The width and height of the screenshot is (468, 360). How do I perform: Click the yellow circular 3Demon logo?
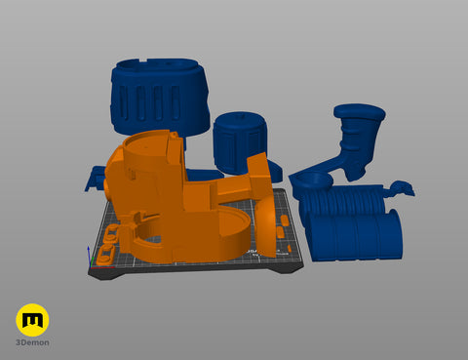32,320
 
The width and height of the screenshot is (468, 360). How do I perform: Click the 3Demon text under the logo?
32,342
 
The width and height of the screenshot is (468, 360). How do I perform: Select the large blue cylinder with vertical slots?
160,98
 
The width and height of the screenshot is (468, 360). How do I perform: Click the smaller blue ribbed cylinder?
240,142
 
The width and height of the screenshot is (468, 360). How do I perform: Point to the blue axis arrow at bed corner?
89,256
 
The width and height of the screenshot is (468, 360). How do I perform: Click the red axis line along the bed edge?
101,267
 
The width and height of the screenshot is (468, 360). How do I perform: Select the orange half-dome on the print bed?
266,229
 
